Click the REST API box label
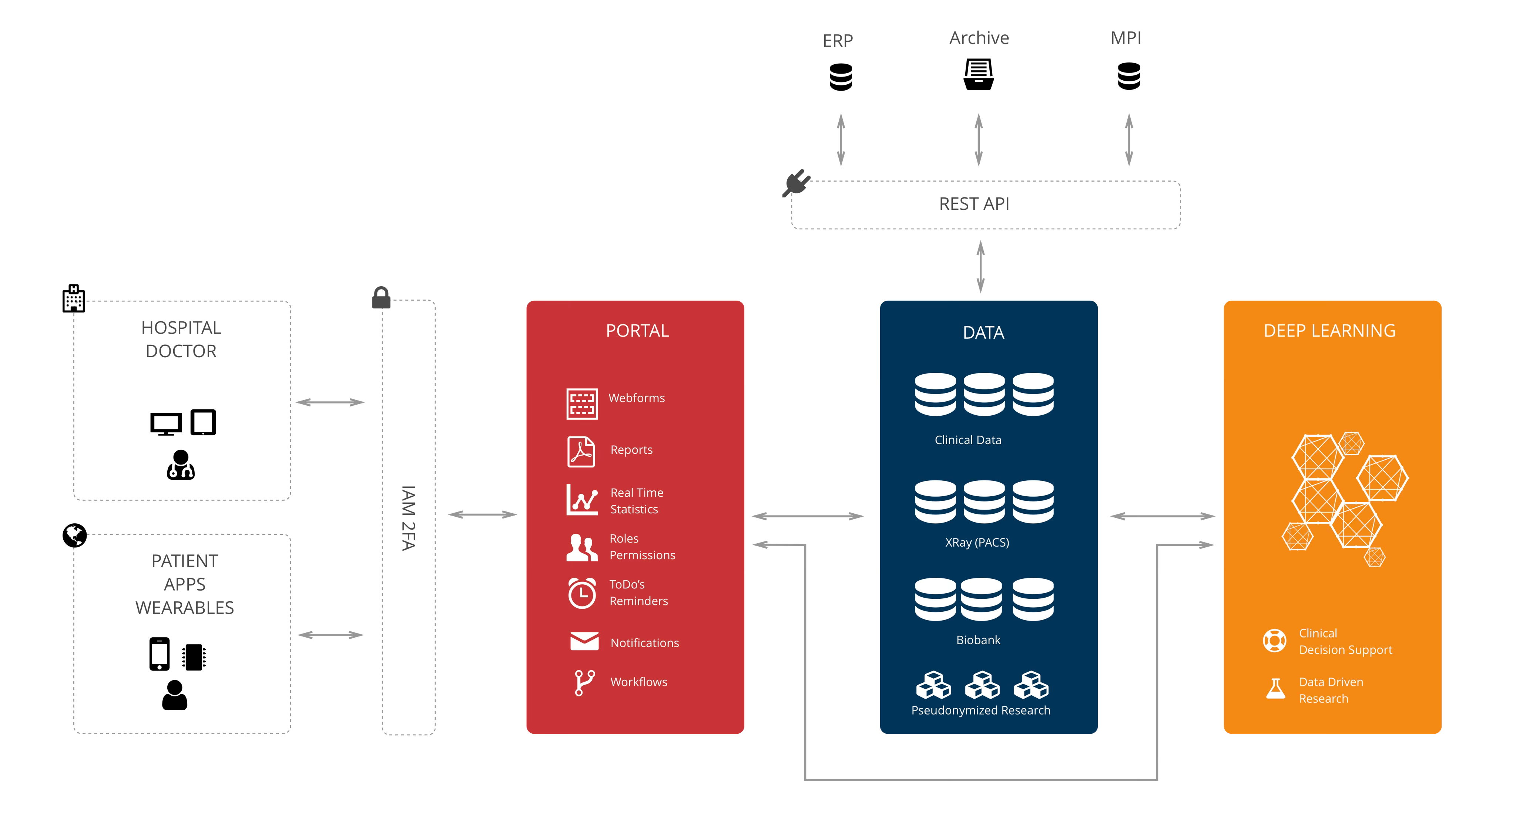click(x=974, y=204)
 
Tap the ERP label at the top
click(x=838, y=41)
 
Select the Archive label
click(x=979, y=38)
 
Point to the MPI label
click(x=1125, y=38)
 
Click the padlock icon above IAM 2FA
click(x=381, y=298)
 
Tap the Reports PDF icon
click(x=581, y=452)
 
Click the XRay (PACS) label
click(x=977, y=542)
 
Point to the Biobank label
click(x=978, y=640)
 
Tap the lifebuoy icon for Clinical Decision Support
click(x=1275, y=641)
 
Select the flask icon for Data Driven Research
click(x=1275, y=689)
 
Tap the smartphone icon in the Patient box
click(x=160, y=653)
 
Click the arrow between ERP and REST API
click(x=841, y=140)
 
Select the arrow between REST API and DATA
click(x=980, y=266)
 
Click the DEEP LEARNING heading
click(x=1329, y=331)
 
